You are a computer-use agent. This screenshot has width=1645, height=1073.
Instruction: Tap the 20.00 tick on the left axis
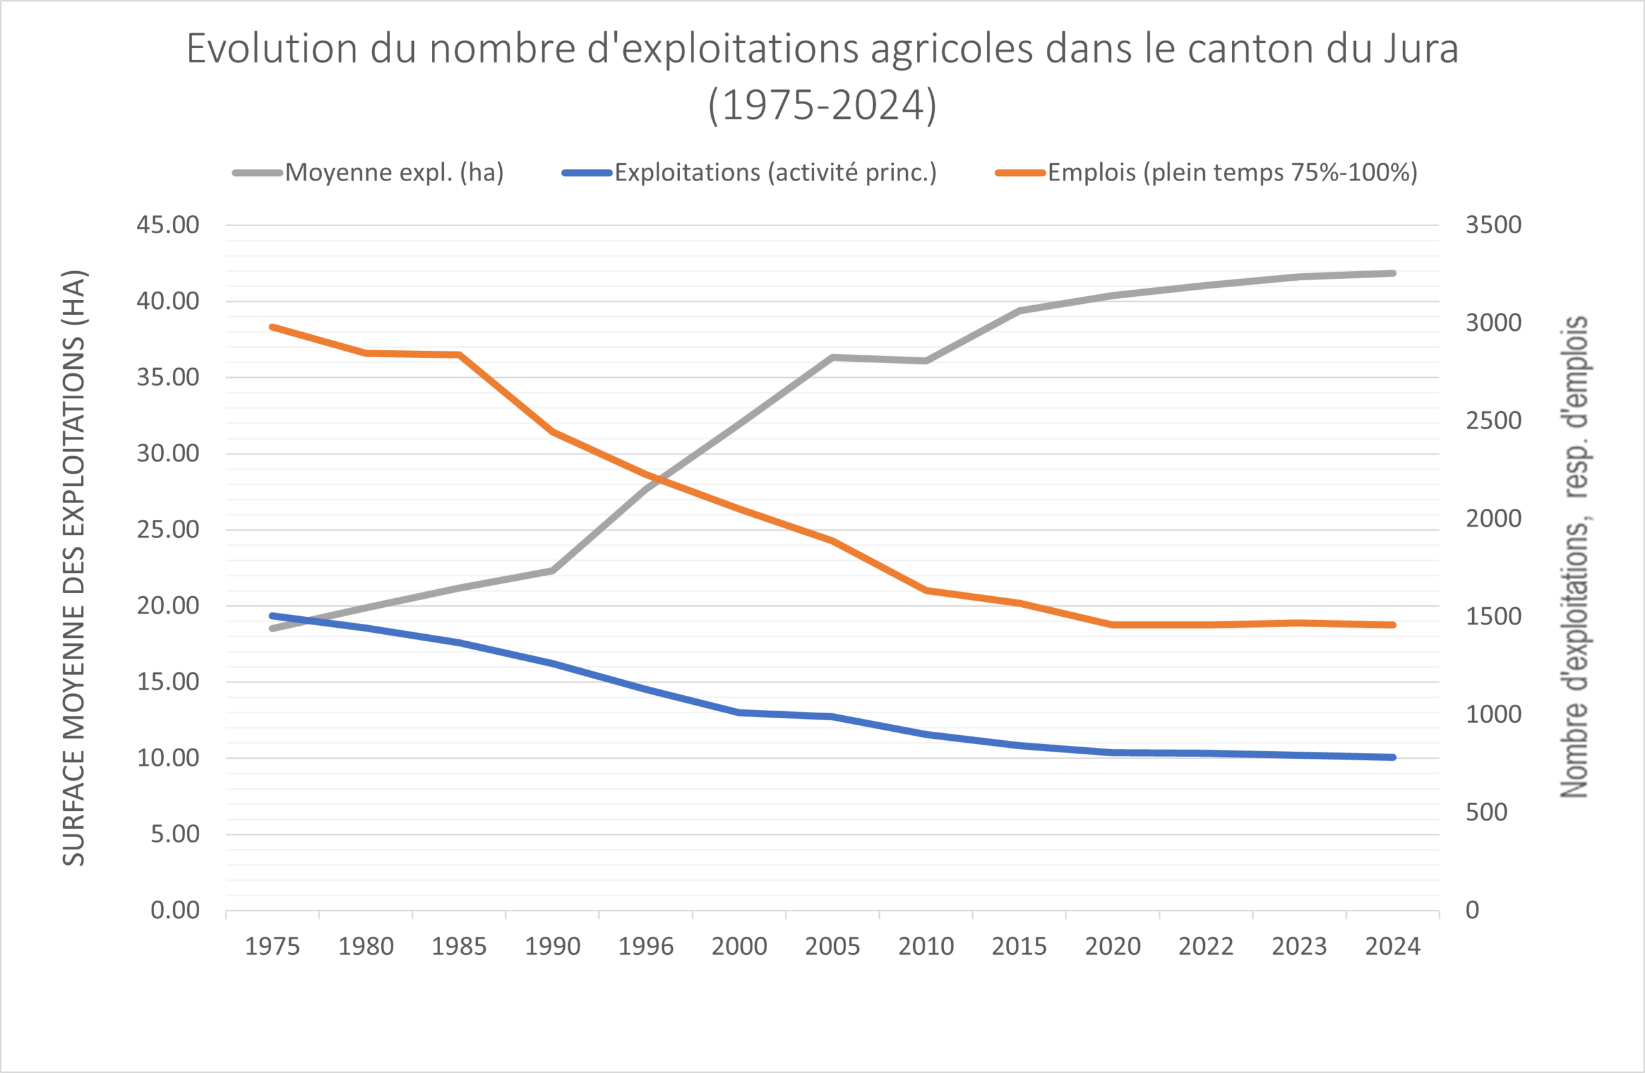[167, 606]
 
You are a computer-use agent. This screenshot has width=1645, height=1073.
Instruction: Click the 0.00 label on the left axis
[175, 910]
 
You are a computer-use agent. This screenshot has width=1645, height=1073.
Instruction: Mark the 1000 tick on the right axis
[1493, 714]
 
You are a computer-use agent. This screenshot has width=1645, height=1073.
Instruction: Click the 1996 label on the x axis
[646, 946]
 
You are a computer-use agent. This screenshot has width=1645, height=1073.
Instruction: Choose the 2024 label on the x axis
[1392, 946]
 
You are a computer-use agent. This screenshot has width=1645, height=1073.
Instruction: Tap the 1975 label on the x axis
[272, 946]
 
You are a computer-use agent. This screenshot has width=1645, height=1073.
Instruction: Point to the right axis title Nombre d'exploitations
[1574, 557]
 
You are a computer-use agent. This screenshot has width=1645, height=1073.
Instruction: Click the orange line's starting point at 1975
[272, 327]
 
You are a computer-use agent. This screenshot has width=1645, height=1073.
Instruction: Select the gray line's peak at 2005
[833, 357]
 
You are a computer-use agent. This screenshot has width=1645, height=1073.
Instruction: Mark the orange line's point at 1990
[553, 432]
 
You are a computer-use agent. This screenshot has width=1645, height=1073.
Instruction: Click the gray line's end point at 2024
[1392, 274]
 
